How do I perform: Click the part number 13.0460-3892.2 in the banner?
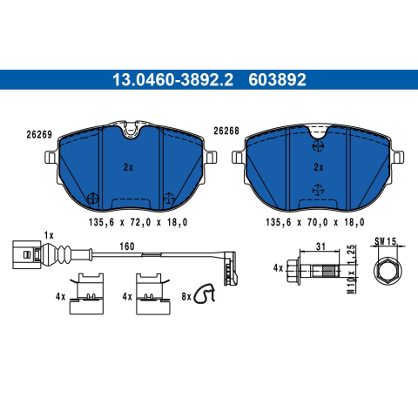tap(172, 80)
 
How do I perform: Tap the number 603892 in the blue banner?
tap(277, 80)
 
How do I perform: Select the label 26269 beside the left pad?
tap(39, 135)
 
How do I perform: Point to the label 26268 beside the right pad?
tap(226, 131)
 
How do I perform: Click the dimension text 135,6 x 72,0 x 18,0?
tap(138, 222)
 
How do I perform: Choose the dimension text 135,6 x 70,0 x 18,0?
tap(315, 222)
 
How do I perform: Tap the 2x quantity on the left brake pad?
tap(128, 167)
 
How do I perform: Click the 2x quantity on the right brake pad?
tap(319, 167)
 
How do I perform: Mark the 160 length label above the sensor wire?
tap(127, 246)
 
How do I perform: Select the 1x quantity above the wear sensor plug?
tap(49, 235)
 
